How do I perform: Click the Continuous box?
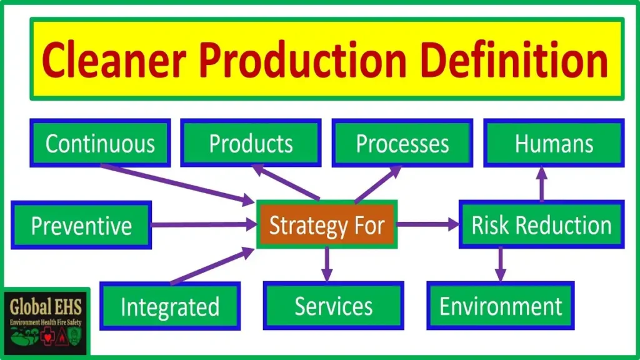coord(100,143)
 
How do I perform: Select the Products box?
coord(251,143)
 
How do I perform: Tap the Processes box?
coord(402,143)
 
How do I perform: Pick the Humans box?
coord(554,143)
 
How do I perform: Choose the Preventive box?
coord(81,225)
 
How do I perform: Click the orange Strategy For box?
coord(327,224)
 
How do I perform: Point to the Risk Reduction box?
coord(542,224)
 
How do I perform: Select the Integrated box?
coord(170,306)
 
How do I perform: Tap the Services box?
coord(334,306)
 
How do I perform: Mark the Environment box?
coord(501,306)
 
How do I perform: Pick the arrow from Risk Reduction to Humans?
coord(542,184)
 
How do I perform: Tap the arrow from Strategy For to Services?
coord(326,264)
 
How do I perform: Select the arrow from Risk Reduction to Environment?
coord(501,264)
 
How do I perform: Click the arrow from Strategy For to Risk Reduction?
coord(428,224)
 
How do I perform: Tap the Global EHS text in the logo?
coord(45,307)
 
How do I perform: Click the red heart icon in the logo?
coord(47,337)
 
